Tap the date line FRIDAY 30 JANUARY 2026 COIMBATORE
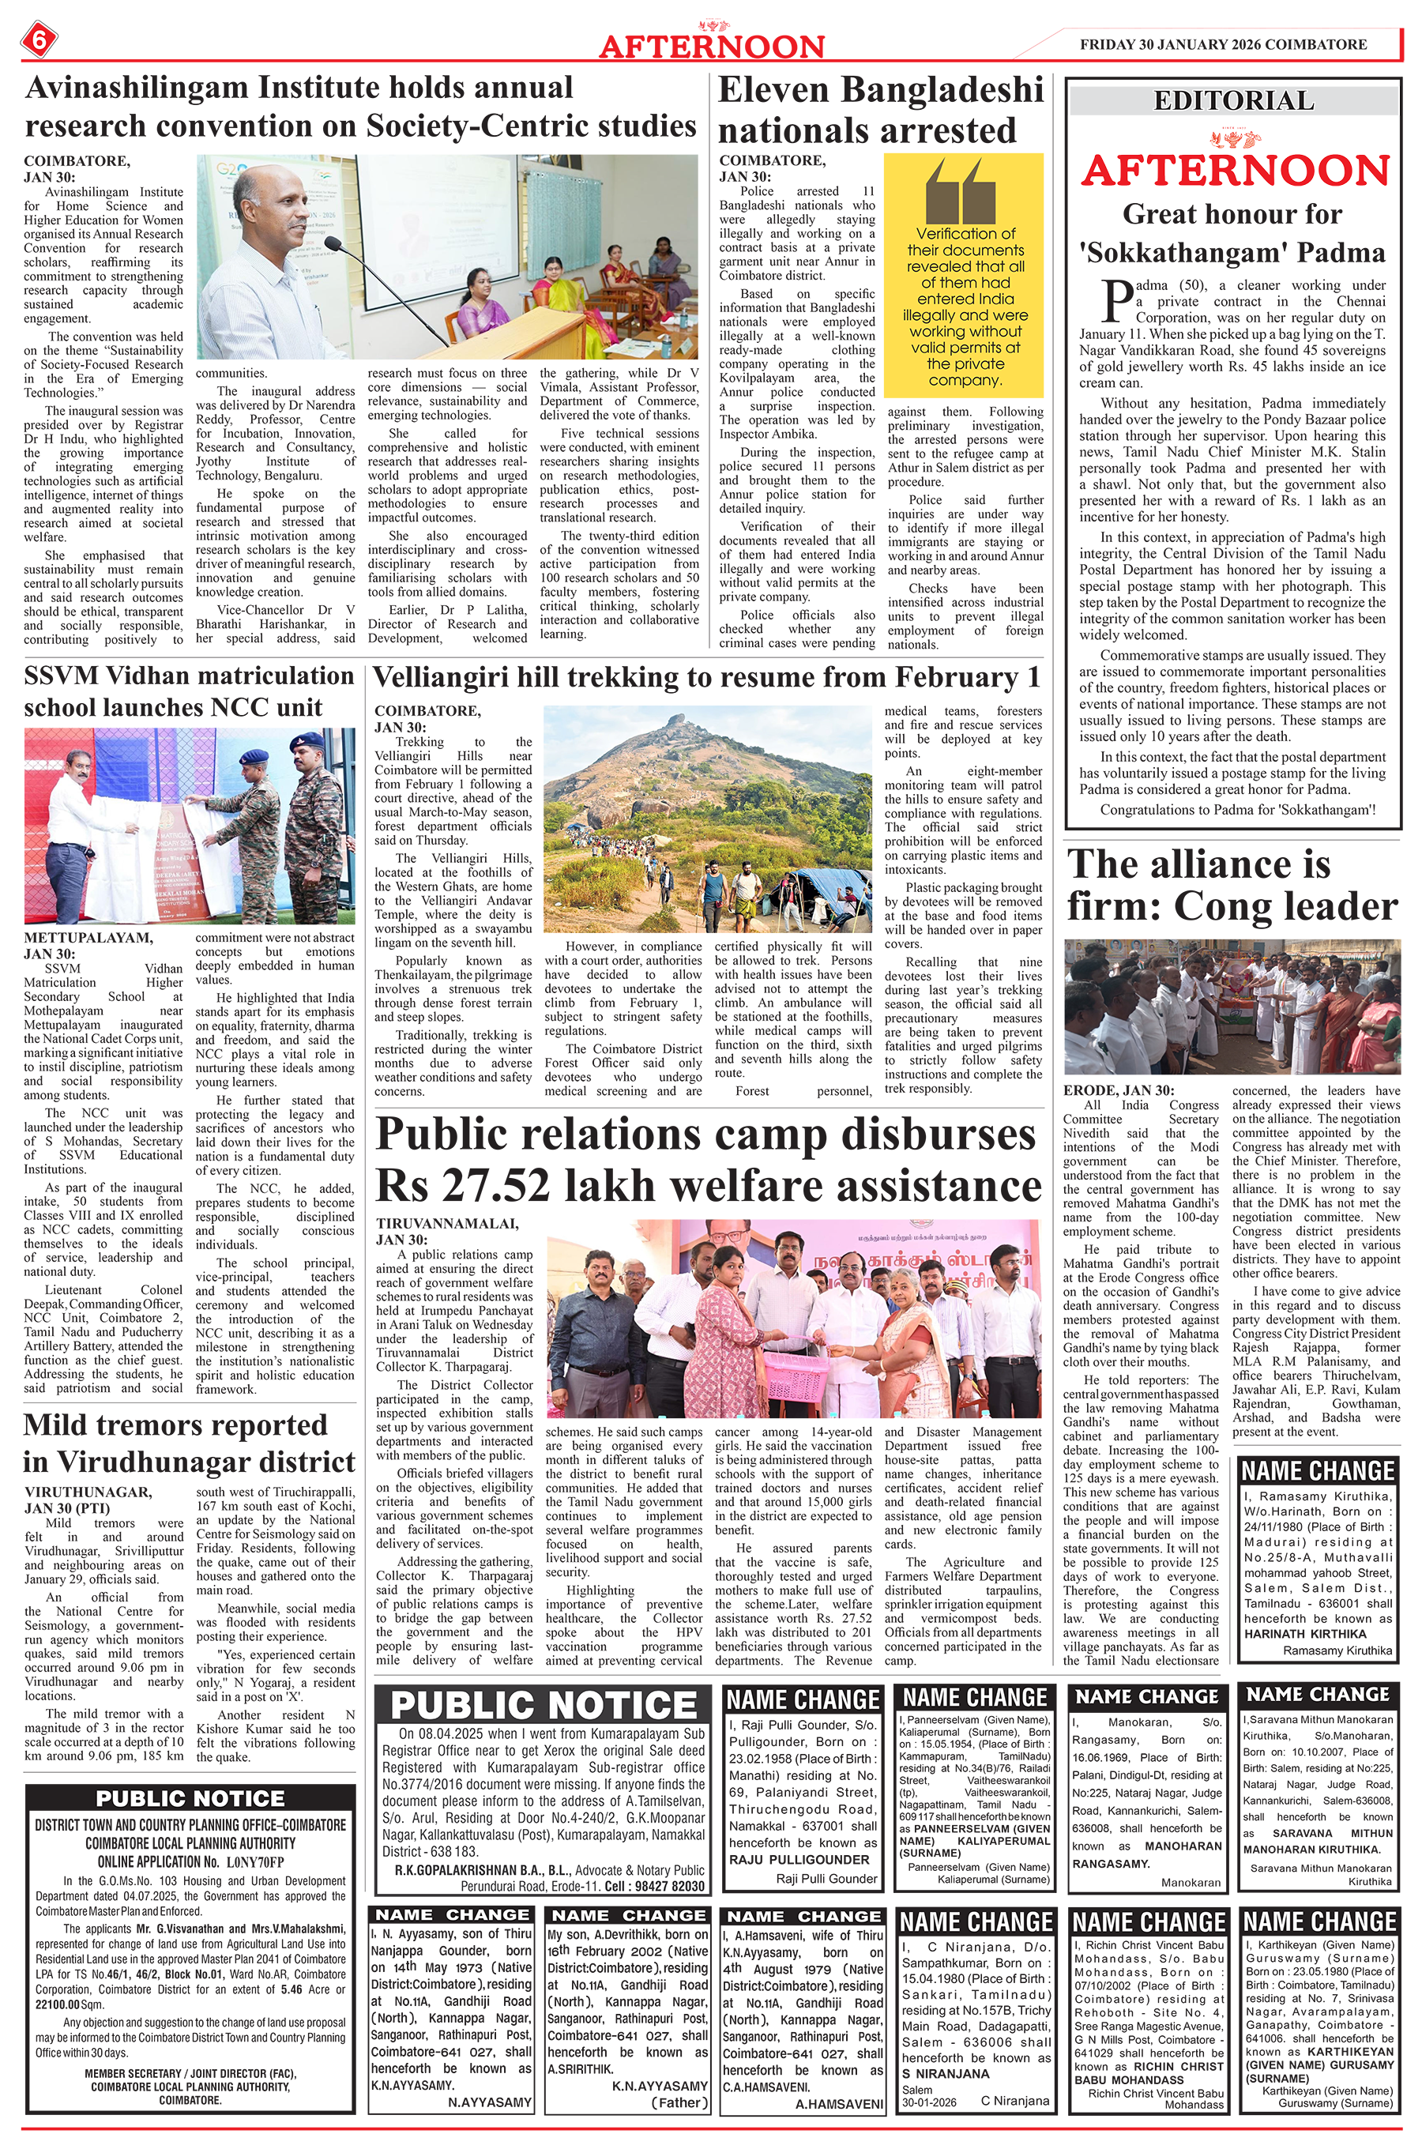pyautogui.click(x=1222, y=43)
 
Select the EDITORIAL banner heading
pyautogui.click(x=1233, y=100)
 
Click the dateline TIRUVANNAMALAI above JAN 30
pyautogui.click(x=447, y=1223)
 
